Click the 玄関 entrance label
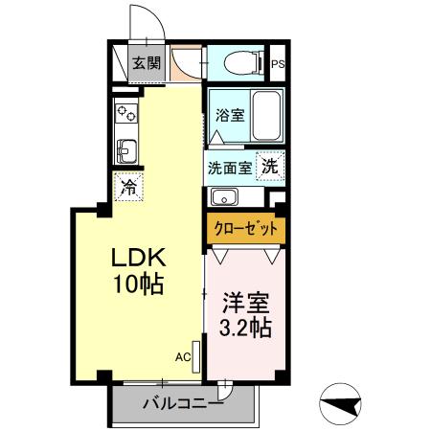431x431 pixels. pyautogui.click(x=147, y=64)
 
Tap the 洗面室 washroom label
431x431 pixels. pyautogui.click(x=230, y=166)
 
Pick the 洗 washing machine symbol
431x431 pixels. pyautogui.click(x=271, y=164)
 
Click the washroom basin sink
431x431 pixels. pyautogui.click(x=225, y=197)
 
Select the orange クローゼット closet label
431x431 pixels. pyautogui.click(x=245, y=229)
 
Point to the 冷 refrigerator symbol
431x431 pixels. pyautogui.click(x=125, y=186)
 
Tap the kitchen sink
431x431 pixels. pyautogui.click(x=125, y=150)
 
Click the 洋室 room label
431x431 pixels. pyautogui.click(x=244, y=303)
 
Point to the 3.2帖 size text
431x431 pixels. pyautogui.click(x=243, y=328)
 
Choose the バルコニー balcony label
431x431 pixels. pyautogui.click(x=182, y=403)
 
